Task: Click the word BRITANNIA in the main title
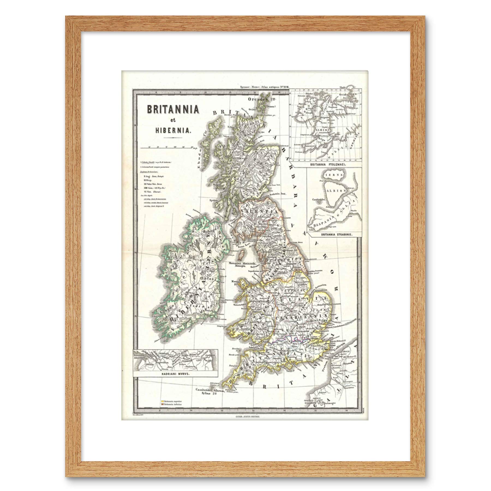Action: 173,110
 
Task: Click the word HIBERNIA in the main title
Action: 173,130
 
